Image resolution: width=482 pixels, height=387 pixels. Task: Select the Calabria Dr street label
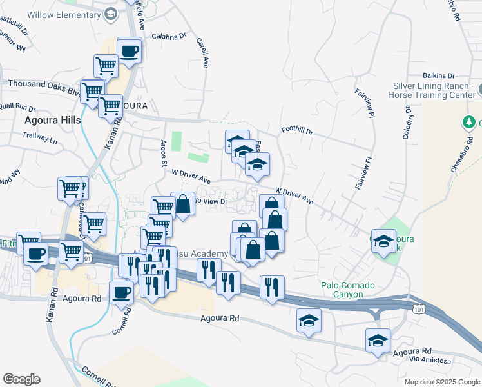tap(168, 37)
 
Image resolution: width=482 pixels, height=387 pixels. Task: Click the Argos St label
tap(164, 152)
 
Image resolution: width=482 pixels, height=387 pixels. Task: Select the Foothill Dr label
tap(297, 132)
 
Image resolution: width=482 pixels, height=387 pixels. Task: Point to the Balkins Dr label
tap(439, 75)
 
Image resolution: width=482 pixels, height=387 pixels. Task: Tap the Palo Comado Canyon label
tap(351, 290)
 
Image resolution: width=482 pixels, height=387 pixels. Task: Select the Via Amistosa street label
tap(430, 361)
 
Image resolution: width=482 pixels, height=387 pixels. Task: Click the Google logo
tap(21, 379)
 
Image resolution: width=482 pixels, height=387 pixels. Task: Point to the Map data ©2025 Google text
tap(441, 382)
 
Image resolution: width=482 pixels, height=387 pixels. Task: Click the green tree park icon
tap(470, 122)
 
